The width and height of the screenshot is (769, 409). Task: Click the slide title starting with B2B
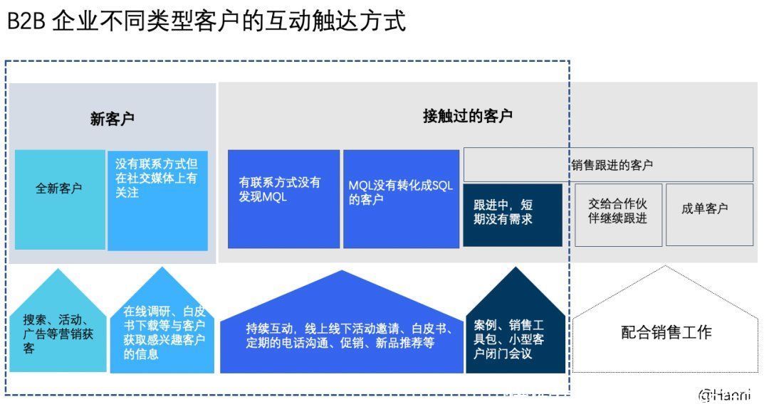[x=206, y=21]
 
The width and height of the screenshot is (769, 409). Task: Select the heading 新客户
[x=113, y=119]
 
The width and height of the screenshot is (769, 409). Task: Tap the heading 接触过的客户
[x=467, y=116]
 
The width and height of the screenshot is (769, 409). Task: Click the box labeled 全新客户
[x=60, y=200]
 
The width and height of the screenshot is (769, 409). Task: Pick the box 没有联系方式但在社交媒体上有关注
[x=157, y=201]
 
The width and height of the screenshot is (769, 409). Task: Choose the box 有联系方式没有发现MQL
[x=283, y=199]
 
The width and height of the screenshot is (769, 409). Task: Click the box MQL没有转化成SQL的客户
[x=401, y=199]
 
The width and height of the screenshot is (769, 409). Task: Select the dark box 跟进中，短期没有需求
[x=513, y=215]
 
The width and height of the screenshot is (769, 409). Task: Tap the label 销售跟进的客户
[x=612, y=165]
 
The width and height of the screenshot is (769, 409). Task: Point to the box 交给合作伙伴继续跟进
[x=618, y=215]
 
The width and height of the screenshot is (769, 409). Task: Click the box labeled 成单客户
[x=709, y=215]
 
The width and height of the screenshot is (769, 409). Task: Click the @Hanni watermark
[x=725, y=395]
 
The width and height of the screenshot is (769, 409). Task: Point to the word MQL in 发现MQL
[x=275, y=197]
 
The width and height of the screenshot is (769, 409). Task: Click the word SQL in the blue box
[x=442, y=186]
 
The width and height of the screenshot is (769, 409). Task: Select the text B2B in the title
[x=26, y=21]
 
